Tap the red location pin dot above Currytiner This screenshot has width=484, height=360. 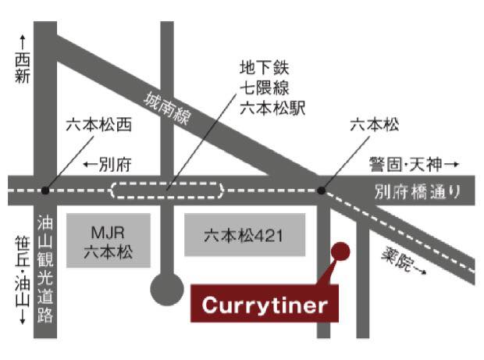click(x=340, y=251)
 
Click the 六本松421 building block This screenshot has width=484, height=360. click(x=244, y=234)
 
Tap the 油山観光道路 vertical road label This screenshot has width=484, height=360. click(x=44, y=271)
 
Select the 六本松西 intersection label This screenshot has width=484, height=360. click(x=100, y=125)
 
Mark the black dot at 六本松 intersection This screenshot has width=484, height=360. click(x=321, y=189)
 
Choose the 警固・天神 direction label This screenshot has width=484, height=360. click(x=406, y=165)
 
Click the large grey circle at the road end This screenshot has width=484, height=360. click(x=166, y=288)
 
